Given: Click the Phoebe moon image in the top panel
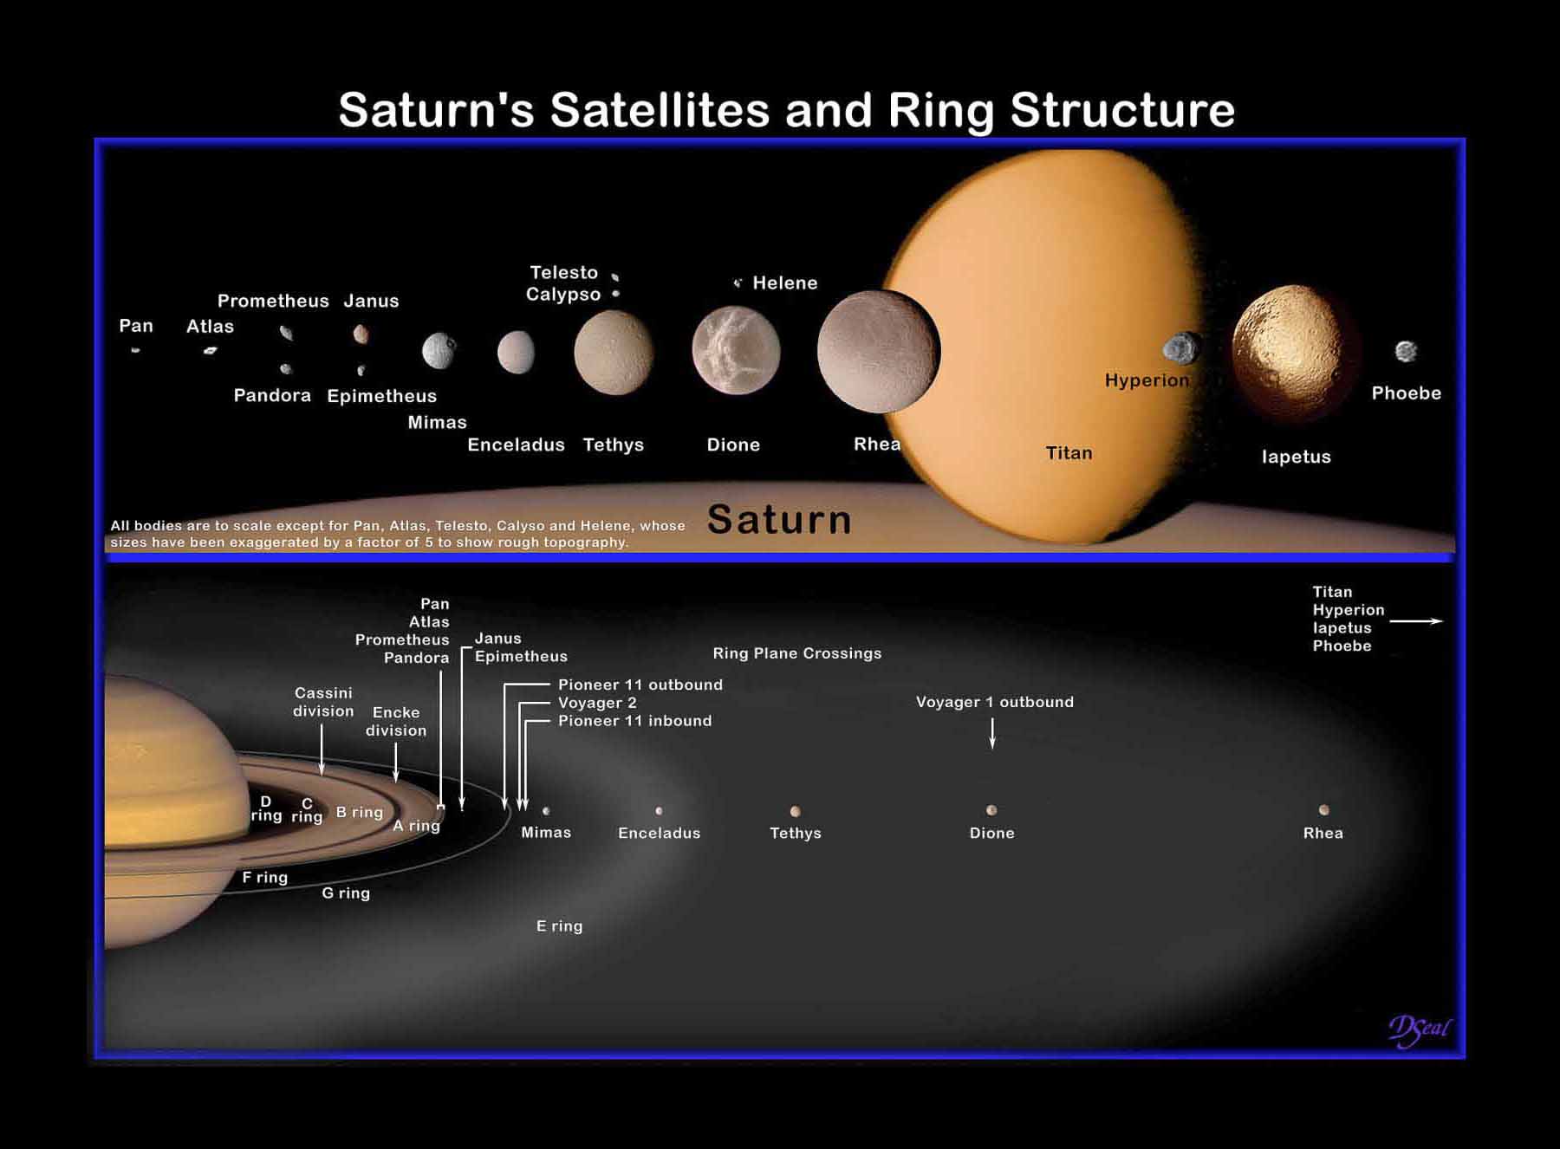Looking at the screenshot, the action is click(x=1406, y=351).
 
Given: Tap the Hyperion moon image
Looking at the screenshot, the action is click(x=1182, y=348).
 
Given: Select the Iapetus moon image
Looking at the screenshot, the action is click(x=1291, y=351).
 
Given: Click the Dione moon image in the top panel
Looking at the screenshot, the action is click(x=736, y=350).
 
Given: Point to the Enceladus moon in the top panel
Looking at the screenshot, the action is click(x=516, y=352).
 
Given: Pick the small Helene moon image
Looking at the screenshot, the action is click(x=738, y=282).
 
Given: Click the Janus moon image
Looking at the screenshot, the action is click(x=361, y=334).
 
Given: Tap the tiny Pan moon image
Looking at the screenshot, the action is click(x=135, y=350).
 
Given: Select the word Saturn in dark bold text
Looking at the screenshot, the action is click(x=779, y=519).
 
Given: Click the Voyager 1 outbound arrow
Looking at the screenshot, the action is click(x=992, y=733).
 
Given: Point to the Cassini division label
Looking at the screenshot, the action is click(x=323, y=702).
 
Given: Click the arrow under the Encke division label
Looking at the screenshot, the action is click(x=396, y=763).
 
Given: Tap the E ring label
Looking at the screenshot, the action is click(x=559, y=925).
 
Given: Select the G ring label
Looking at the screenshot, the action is click(x=346, y=893).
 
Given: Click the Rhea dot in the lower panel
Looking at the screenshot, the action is click(x=1323, y=810).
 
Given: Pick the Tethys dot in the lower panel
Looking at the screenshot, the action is click(x=795, y=812).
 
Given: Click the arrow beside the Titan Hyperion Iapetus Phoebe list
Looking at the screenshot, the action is click(x=1416, y=621).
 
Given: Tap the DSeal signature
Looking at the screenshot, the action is click(x=1419, y=1029).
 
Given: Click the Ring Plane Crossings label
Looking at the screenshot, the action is click(x=796, y=653).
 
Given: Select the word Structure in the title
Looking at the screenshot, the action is click(x=1122, y=110).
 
